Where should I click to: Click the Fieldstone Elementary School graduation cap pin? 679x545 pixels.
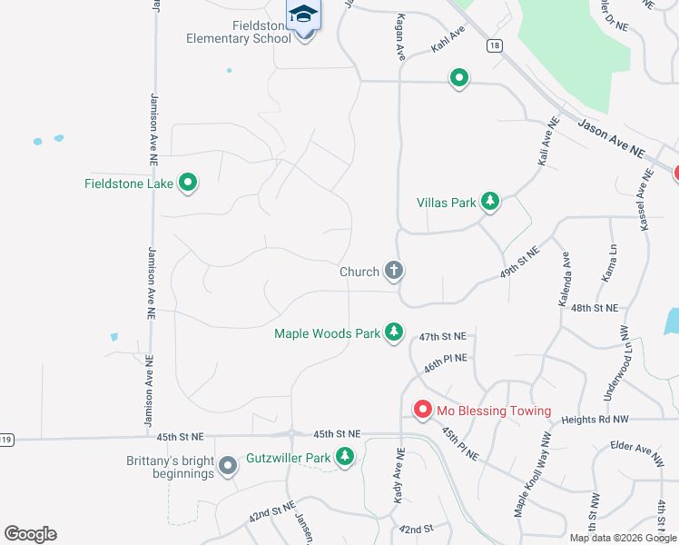coord(304,16)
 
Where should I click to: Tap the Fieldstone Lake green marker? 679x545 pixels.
coord(188,183)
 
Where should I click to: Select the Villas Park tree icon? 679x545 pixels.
coord(490,201)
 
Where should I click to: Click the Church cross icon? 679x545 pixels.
coord(394,270)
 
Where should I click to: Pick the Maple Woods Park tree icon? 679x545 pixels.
coord(393,332)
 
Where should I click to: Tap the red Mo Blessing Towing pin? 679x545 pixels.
coord(422,411)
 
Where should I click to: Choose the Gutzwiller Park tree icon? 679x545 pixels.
coord(344,458)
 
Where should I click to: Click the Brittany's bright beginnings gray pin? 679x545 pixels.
coord(228,467)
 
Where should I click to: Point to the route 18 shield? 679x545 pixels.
coord(494,45)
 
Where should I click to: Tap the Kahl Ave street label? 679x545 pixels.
coord(448,42)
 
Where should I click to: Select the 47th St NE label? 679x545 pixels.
coord(442,337)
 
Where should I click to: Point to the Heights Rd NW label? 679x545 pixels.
coord(595,420)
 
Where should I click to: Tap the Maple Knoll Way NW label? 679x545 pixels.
coord(533,474)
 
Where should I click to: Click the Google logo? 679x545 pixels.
coord(30,534)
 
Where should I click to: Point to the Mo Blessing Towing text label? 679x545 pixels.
coord(494,411)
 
